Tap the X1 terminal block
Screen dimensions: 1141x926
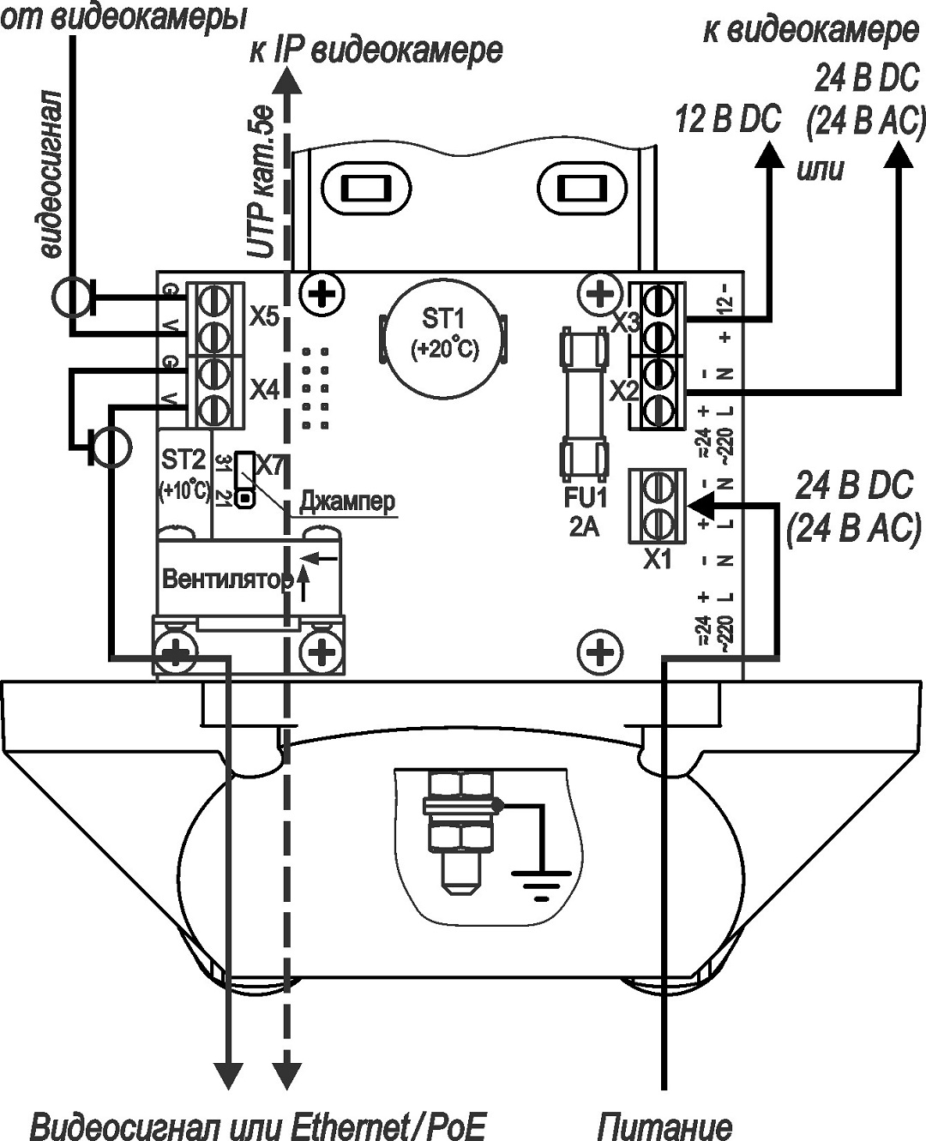(657, 506)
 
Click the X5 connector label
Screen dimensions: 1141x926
(265, 316)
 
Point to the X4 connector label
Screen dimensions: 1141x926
(265, 390)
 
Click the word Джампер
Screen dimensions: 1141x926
(347, 501)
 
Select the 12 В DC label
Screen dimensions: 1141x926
(728, 119)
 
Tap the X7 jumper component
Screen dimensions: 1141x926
(245, 479)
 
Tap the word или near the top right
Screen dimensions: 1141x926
(820, 169)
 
